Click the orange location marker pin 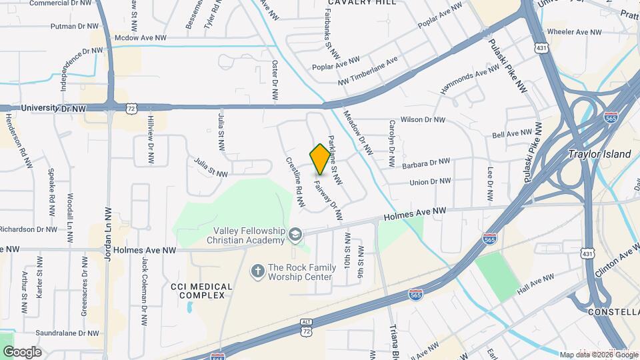coord(320,159)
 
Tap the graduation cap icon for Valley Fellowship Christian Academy coord(295,234)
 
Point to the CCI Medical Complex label coord(201,291)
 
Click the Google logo coord(21,352)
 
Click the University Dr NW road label coord(53,108)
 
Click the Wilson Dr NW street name coord(422,120)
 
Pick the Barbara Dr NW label coord(426,162)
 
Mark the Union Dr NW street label coord(430,181)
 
